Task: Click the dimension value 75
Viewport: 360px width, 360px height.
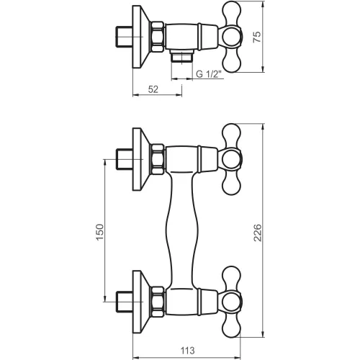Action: pyautogui.click(x=257, y=37)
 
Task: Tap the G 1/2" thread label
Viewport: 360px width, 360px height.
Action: pyautogui.click(x=208, y=74)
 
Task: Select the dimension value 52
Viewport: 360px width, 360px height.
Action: pyautogui.click(x=153, y=89)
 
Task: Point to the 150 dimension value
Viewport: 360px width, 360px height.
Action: pyautogui.click(x=100, y=232)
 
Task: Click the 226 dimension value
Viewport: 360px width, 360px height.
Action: pyautogui.click(x=257, y=233)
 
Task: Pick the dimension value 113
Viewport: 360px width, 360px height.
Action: pyautogui.click(x=187, y=351)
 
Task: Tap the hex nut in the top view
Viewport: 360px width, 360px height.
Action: pyautogui.click(x=158, y=37)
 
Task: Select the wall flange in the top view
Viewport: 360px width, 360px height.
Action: pyautogui.click(x=141, y=37)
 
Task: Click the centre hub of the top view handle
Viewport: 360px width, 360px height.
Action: pyautogui.click(x=231, y=37)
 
